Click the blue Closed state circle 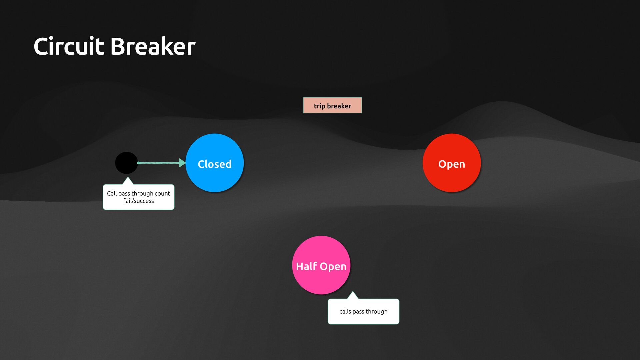tap(215, 163)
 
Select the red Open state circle tap(452, 163)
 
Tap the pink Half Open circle tap(321, 265)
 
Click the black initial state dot tap(126, 163)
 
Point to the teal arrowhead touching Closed tap(182, 163)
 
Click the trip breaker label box tap(332, 105)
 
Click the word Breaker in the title tap(153, 46)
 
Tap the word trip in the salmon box tap(319, 106)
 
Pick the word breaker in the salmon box tap(339, 106)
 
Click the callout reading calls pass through tap(363, 311)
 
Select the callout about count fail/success tap(138, 197)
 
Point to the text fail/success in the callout tap(138, 201)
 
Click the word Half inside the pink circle tap(306, 266)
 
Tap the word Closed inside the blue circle tap(214, 164)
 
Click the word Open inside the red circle tap(452, 164)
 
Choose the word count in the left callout tap(162, 193)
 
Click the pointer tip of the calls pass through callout tap(353, 292)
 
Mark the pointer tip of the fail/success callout tap(127, 178)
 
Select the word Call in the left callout tap(112, 193)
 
